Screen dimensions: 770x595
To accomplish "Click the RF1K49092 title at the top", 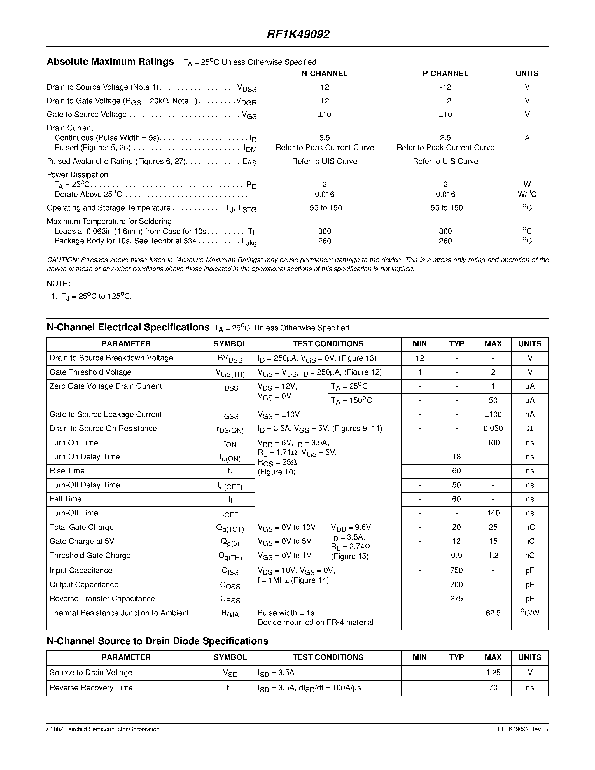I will (x=298, y=34).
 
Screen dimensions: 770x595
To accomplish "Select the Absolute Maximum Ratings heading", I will (x=110, y=62).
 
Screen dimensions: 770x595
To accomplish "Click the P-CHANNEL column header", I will (x=445, y=74).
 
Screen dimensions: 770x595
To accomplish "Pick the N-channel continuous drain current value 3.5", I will (x=324, y=138).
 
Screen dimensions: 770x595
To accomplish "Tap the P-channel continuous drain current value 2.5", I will (x=445, y=138).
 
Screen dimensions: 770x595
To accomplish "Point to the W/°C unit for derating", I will (x=527, y=194).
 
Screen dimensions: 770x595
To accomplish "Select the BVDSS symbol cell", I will (x=230, y=359).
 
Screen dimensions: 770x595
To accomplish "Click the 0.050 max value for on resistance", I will (x=493, y=429).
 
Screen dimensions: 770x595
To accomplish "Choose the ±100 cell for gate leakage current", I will (x=493, y=415).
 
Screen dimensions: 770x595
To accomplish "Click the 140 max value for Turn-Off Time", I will (x=493, y=513).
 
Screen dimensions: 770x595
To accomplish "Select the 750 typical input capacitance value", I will (x=456, y=570).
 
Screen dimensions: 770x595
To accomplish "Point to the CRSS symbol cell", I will (x=230, y=599).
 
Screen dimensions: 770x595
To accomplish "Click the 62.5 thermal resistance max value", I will (x=493, y=613).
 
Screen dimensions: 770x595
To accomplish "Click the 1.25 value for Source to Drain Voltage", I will (x=493, y=673).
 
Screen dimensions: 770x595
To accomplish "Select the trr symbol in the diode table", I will (x=230, y=688).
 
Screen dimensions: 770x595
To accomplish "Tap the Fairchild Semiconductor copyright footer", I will (x=103, y=729).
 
